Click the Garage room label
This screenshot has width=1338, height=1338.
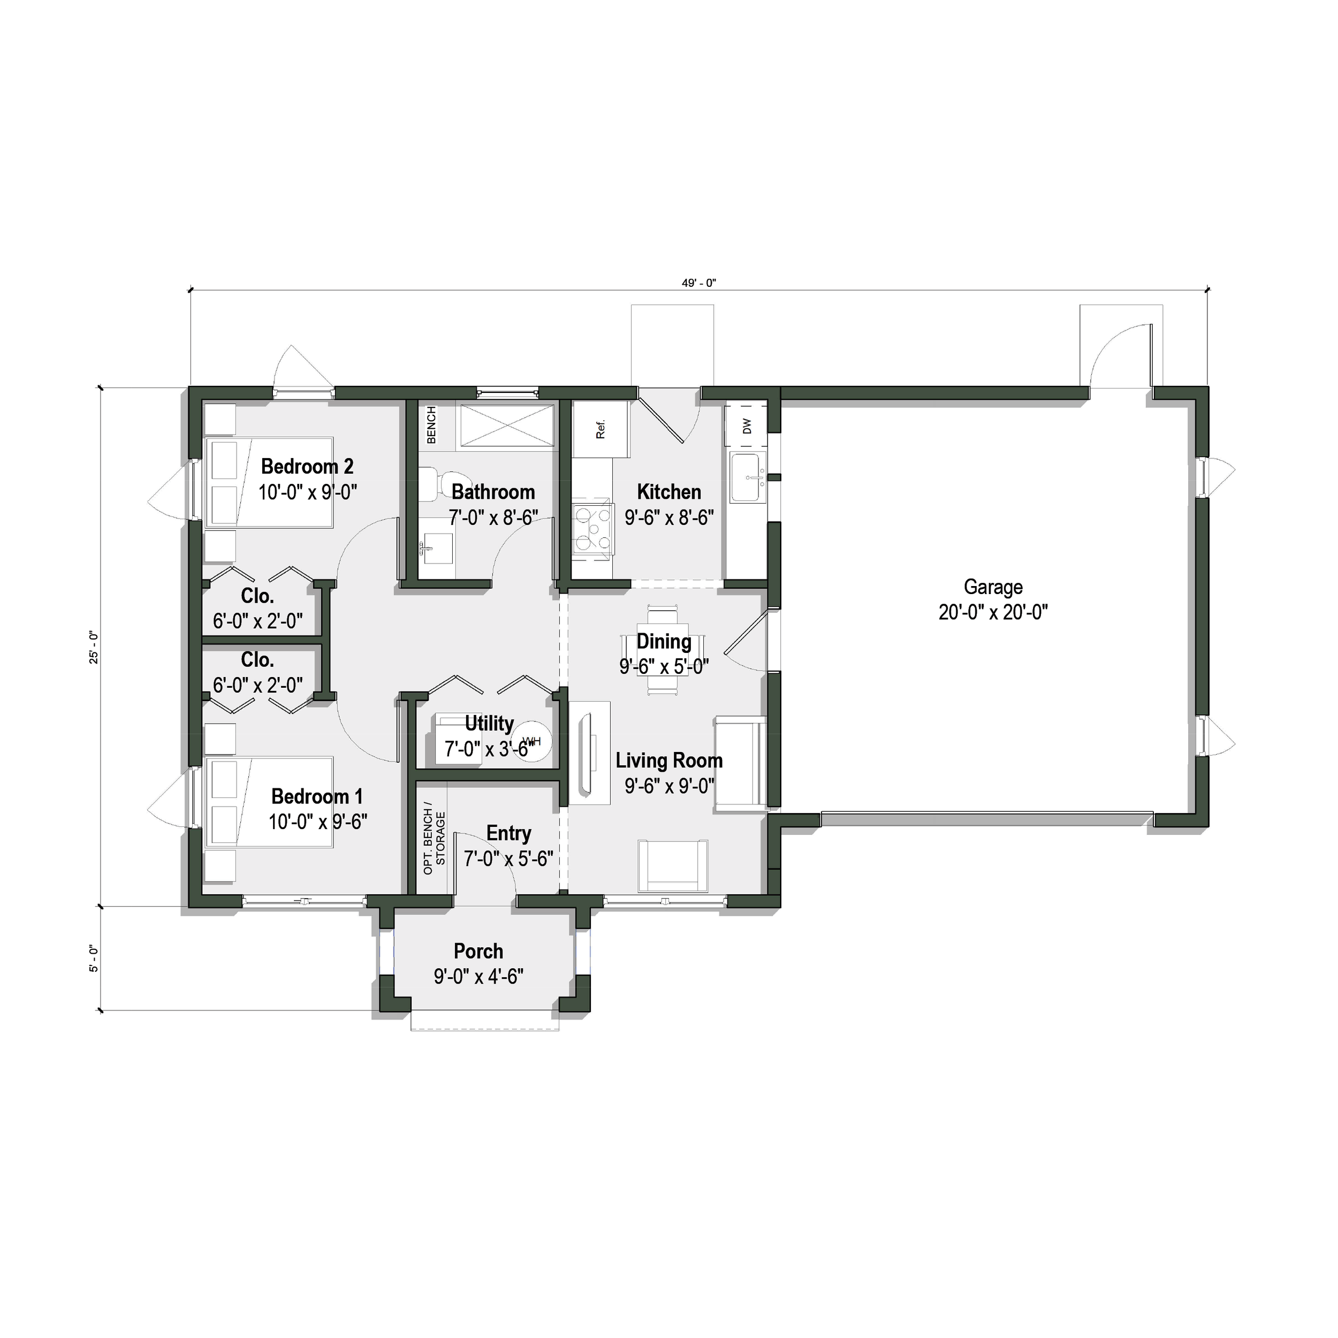click(992, 587)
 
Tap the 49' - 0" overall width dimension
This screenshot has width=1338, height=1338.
click(698, 283)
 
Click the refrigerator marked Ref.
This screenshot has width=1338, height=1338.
click(600, 429)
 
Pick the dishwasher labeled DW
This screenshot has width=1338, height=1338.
click(747, 426)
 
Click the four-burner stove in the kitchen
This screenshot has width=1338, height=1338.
click(593, 530)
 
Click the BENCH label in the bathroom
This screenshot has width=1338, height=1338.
click(431, 424)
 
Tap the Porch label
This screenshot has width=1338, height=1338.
click(478, 951)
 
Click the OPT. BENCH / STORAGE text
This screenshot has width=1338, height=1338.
click(434, 841)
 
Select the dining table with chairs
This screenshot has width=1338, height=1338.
click(663, 650)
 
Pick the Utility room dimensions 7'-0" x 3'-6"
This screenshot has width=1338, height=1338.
click(489, 749)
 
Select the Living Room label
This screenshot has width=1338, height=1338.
click(668, 761)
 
